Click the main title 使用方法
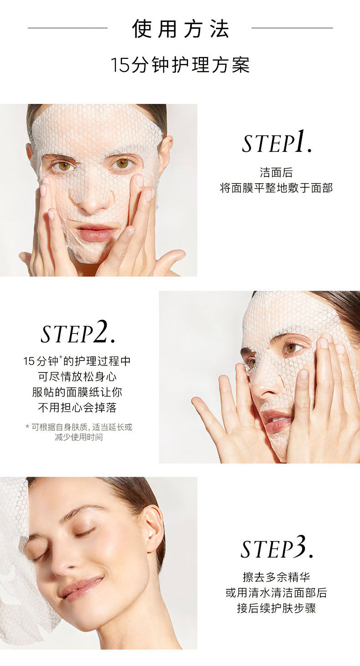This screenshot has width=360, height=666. pyautogui.click(x=180, y=29)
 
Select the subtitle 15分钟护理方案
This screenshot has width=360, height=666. pyautogui.click(x=180, y=65)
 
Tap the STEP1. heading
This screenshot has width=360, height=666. pyautogui.click(x=277, y=142)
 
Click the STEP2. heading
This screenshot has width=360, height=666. pyautogui.click(x=77, y=332)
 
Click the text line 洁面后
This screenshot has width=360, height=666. pyautogui.click(x=277, y=172)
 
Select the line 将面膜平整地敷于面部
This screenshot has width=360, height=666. pyautogui.click(x=277, y=188)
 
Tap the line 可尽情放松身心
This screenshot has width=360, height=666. pyautogui.click(x=77, y=377)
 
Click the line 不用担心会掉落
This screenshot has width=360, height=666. pyautogui.click(x=77, y=408)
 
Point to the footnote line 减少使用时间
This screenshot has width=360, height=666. pyautogui.click(x=79, y=437)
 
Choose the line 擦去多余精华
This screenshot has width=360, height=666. pyautogui.click(x=277, y=577)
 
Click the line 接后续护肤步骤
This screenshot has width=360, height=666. pyautogui.click(x=277, y=608)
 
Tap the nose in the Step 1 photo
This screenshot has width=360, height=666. pyautogui.click(x=93, y=199)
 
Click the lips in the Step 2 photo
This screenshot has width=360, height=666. pyautogui.click(x=277, y=421)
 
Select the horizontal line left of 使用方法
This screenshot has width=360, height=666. pyautogui.click(x=68, y=28)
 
